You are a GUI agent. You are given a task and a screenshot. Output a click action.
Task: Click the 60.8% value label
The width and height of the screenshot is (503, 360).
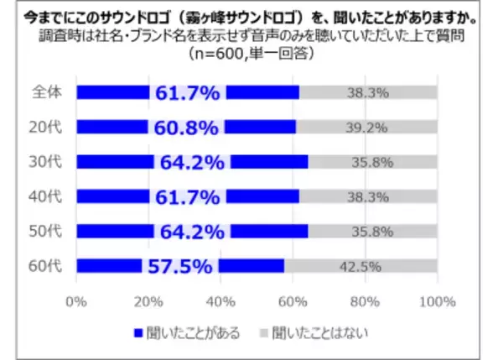pos(187,128)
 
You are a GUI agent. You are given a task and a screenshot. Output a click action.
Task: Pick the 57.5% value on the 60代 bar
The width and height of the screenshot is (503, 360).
pos(179,267)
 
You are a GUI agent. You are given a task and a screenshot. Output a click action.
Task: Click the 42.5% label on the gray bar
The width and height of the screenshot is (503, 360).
pos(361,267)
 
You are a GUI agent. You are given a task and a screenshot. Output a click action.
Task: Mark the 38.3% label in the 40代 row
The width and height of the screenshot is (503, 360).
pos(368,197)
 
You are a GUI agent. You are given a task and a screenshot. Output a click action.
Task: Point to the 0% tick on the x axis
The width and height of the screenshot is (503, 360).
pos(77,301)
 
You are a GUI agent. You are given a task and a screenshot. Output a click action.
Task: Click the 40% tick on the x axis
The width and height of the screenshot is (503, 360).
pos(220,301)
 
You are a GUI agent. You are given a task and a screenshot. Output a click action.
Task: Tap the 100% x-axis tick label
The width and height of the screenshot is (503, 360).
pos(436,301)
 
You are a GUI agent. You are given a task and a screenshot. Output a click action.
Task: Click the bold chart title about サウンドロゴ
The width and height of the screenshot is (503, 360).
pos(251,15)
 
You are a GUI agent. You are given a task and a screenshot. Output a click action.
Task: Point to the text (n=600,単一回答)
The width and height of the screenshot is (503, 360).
pos(251,55)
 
